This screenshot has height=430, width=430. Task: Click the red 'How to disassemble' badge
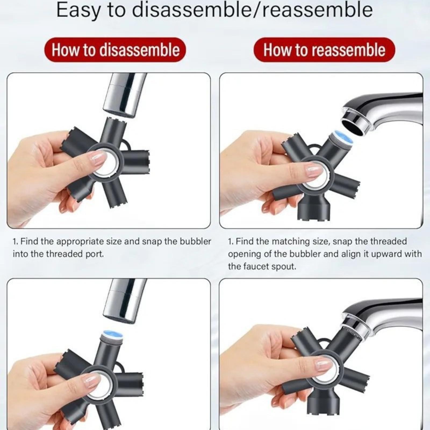tap(115, 50)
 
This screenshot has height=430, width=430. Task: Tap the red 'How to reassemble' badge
tap(324, 50)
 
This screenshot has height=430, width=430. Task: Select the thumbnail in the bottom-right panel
tap(324, 365)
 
